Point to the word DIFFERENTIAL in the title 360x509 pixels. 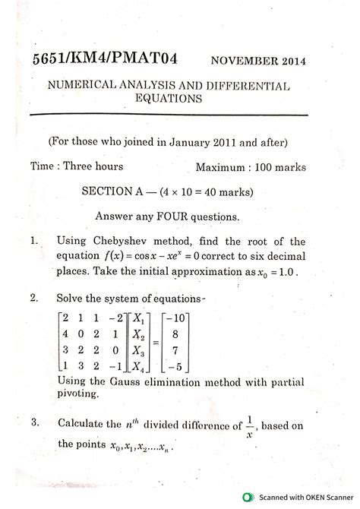pos(253,86)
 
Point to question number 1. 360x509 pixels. pos(34,241)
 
